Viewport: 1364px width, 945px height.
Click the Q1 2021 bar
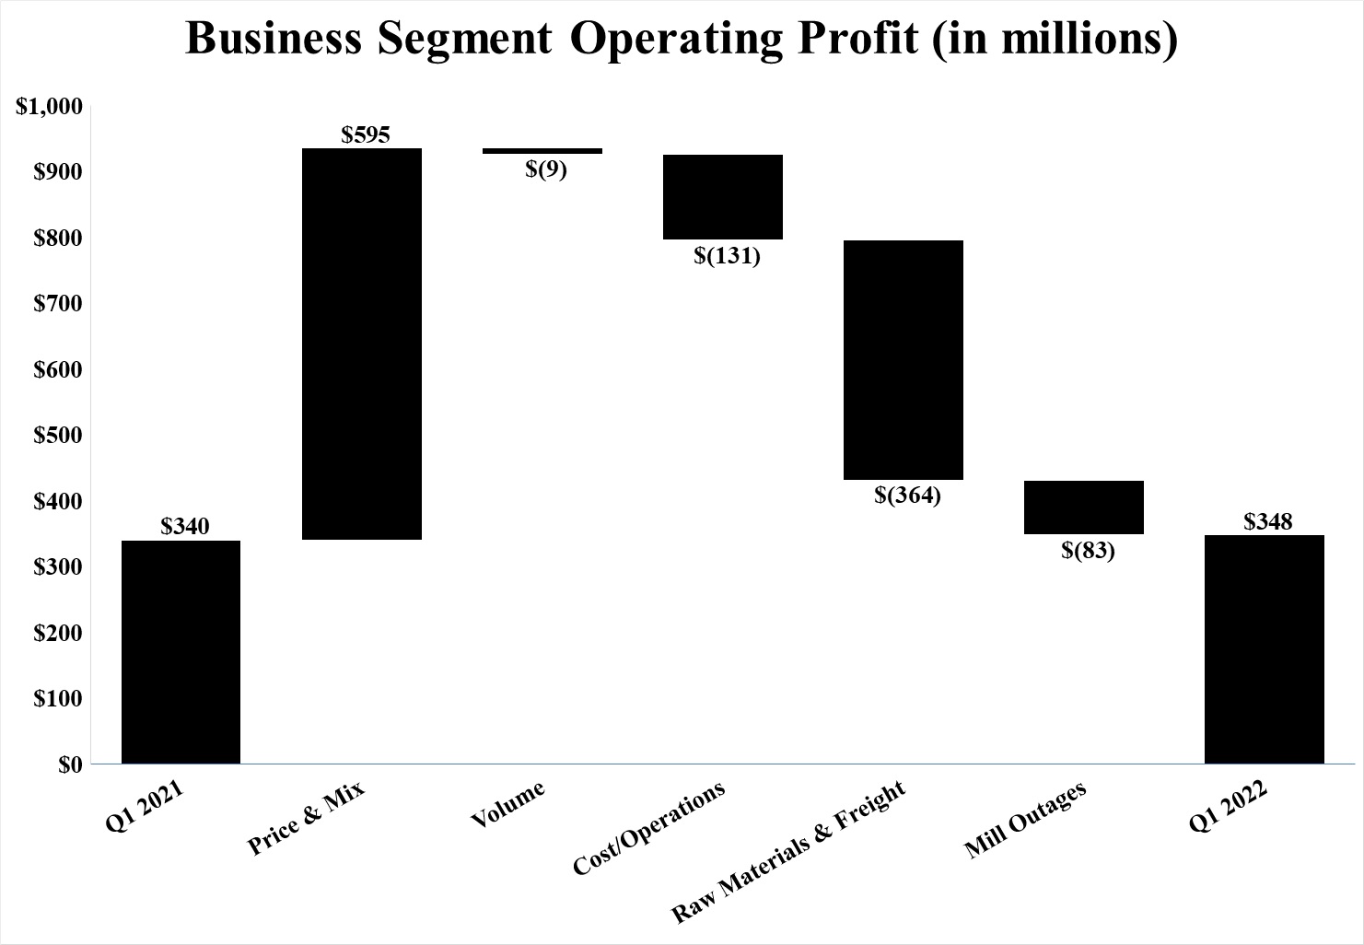tap(181, 651)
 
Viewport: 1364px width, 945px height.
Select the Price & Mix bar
tap(362, 344)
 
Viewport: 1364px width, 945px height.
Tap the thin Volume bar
tap(542, 150)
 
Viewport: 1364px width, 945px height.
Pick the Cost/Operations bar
tap(723, 197)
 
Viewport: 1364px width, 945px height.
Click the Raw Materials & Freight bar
tap(904, 360)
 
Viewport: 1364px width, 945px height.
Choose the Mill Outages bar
tap(1084, 507)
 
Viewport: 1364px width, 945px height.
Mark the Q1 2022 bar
tap(1265, 648)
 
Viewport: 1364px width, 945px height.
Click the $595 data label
tap(366, 135)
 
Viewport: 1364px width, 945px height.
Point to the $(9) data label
tap(546, 169)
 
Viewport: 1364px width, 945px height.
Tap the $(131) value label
tap(727, 255)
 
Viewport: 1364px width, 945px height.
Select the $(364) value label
tap(907, 496)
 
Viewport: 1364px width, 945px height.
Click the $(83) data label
tap(1088, 551)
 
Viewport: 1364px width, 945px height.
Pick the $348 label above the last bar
tap(1268, 521)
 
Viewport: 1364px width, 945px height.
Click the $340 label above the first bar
tap(185, 526)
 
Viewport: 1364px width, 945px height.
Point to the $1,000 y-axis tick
tap(50, 106)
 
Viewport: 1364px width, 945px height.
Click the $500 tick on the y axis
tap(57, 435)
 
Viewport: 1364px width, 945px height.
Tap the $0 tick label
tap(70, 764)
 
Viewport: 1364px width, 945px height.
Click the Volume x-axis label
tap(507, 804)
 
